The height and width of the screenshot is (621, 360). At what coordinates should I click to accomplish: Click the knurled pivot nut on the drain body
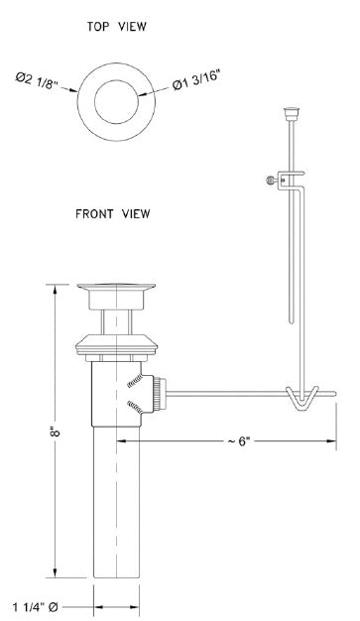coord(161,393)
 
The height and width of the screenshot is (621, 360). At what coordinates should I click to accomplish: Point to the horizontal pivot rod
coord(228,395)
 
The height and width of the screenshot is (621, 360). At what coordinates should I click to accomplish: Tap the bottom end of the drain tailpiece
coord(118,579)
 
